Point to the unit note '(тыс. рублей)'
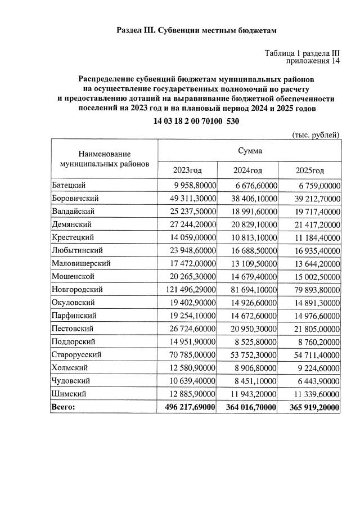click(316, 134)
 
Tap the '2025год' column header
click(310, 170)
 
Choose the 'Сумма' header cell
click(249, 150)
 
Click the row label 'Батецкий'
click(67, 185)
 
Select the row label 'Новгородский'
click(76, 289)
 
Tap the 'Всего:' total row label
click(62, 406)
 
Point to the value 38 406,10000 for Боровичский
click(253, 198)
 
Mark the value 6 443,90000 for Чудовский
click(315, 380)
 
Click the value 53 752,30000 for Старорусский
click(253, 354)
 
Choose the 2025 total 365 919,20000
click(312, 406)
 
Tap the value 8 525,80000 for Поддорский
click(255, 341)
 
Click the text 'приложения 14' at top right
click(313, 61)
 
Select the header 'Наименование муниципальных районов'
click(105, 159)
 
